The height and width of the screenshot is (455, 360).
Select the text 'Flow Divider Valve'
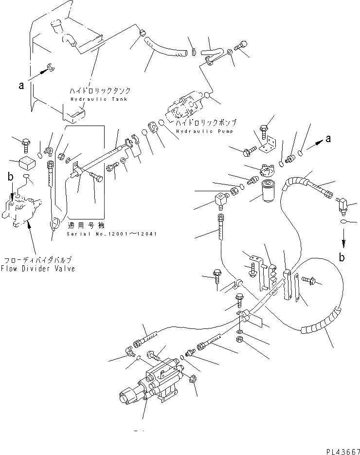pos(37,269)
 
